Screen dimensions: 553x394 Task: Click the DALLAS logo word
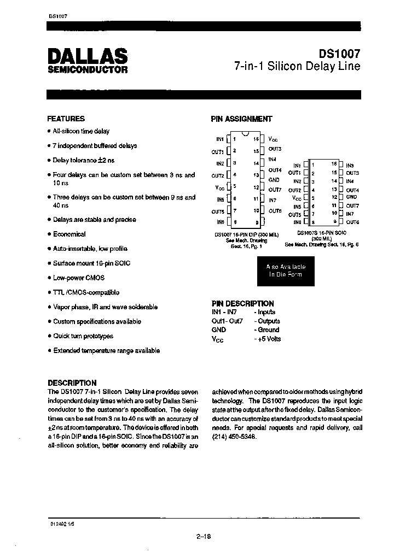click(87, 56)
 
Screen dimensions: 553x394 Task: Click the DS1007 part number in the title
click(340, 55)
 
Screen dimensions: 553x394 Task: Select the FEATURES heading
click(66, 119)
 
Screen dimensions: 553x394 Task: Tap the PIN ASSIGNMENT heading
click(241, 119)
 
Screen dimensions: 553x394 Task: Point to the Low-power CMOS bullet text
click(75, 278)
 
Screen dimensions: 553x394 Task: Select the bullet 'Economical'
click(69, 234)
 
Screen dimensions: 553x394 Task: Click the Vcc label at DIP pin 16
click(273, 139)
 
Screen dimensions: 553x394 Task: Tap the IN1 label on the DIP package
click(220, 139)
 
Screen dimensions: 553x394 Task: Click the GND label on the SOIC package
click(351, 197)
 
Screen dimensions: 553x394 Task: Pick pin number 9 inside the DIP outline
click(257, 222)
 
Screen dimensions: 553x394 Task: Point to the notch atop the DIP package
click(245, 134)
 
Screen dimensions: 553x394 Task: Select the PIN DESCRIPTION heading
click(242, 303)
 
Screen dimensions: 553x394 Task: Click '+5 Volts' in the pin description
click(268, 339)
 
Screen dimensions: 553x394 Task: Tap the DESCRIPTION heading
click(72, 383)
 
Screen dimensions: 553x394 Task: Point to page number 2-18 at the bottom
click(203, 536)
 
